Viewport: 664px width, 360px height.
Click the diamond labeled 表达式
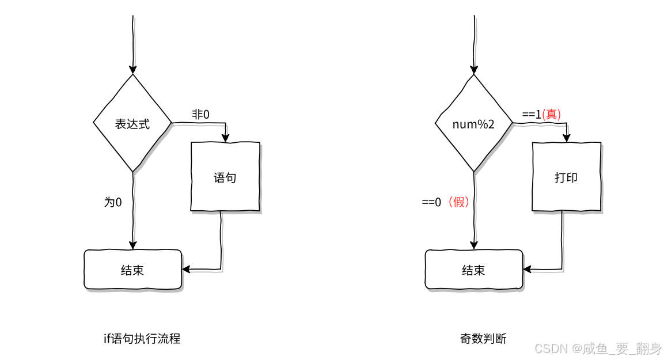point(132,123)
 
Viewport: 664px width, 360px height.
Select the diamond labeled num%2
point(473,123)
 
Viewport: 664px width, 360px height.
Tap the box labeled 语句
point(225,177)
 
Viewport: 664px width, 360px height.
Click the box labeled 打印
point(566,177)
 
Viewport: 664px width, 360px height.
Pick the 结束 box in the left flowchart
point(132,270)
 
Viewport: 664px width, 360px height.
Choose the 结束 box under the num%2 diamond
point(473,270)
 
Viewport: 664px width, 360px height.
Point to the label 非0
point(200,115)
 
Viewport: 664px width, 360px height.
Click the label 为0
point(113,202)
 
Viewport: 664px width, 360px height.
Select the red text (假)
point(458,202)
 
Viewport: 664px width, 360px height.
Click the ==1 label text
point(532,115)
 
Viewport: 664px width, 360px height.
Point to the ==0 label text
point(431,202)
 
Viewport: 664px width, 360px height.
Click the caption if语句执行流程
point(142,339)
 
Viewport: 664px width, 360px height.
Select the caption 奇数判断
point(483,339)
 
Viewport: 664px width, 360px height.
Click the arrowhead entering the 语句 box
point(225,138)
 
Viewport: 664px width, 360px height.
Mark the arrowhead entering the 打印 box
point(566,138)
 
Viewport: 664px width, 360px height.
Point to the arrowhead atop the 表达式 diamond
point(133,69)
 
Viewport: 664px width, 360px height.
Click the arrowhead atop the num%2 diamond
point(474,69)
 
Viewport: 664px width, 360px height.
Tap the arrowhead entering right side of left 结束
point(186,269)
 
